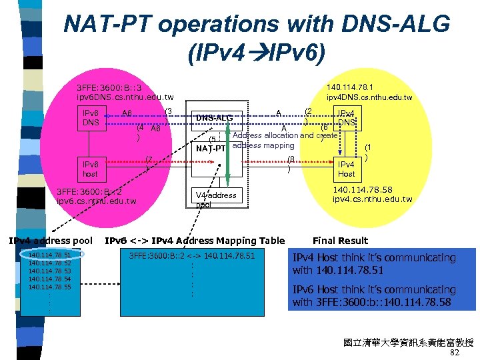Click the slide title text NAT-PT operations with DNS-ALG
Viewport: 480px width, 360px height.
point(257,25)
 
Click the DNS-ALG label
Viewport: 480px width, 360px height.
point(213,118)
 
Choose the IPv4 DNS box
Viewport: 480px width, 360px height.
point(346,119)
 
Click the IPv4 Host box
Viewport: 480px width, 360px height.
point(346,169)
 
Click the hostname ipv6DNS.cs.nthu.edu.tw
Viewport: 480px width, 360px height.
point(125,97)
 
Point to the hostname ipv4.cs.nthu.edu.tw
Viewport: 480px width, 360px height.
point(373,199)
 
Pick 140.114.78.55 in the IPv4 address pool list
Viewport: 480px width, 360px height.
point(49,287)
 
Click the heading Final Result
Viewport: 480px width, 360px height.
point(340,241)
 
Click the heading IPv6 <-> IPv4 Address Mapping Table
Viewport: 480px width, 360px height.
point(195,241)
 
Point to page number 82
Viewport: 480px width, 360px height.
point(455,353)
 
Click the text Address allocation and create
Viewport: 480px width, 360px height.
point(285,135)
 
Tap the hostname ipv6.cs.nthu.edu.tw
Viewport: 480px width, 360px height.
point(97,201)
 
